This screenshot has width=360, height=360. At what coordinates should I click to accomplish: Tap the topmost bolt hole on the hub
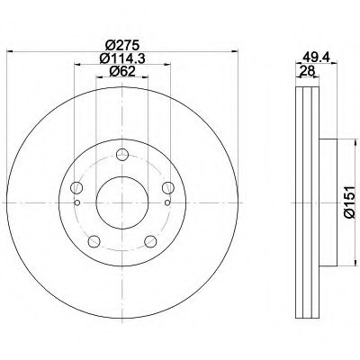(121, 148)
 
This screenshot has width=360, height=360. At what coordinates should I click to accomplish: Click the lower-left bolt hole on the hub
(93, 238)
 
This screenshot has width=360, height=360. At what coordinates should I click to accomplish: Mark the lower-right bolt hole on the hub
(150, 238)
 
